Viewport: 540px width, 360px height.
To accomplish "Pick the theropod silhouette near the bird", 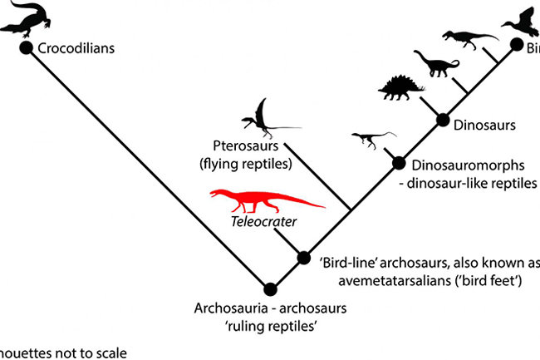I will [461, 37].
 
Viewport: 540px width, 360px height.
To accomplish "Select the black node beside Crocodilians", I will [26, 48].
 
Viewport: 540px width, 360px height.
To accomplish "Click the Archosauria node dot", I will [269, 289].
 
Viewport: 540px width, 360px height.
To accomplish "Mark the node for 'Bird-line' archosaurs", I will [303, 258].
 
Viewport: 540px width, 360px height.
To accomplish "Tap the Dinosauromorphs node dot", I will [398, 163].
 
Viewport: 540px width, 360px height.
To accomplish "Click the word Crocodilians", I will [76, 48].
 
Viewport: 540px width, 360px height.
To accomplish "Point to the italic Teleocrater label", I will [264, 222].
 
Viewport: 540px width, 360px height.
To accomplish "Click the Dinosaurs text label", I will [486, 126].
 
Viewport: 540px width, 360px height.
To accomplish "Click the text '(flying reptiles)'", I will [247, 164].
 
